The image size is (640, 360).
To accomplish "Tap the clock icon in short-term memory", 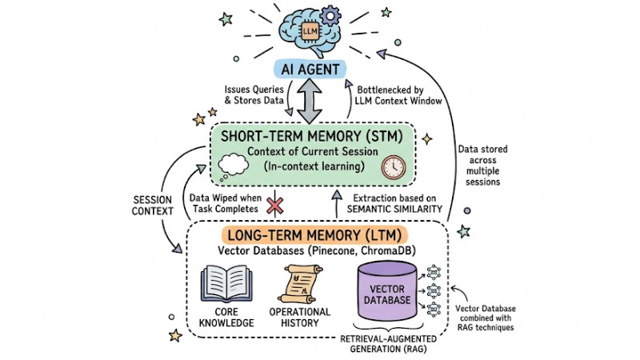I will point(393,167).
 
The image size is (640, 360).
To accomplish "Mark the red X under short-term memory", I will point(274,205).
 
